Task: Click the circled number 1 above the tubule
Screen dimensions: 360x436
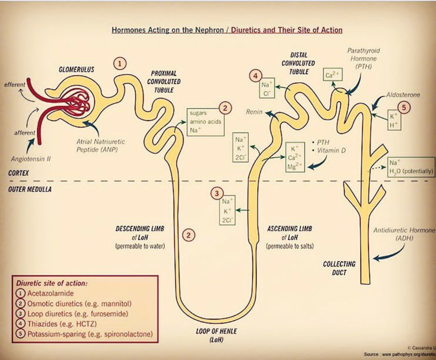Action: coord(120,63)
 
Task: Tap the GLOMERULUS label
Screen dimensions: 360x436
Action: coord(76,70)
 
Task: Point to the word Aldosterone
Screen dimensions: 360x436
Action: coord(403,95)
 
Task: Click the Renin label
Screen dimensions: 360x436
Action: coord(254,112)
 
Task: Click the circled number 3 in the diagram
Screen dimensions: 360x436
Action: coord(217,194)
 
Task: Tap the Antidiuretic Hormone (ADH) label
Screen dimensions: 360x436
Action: coord(404,234)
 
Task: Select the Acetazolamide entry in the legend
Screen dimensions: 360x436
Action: coord(50,293)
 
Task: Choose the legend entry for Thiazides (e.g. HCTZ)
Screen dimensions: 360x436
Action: coord(62,324)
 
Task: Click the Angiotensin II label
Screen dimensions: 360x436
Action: coord(31,159)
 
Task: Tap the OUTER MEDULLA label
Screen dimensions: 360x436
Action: coord(30,189)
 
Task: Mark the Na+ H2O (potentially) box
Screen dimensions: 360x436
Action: coord(411,167)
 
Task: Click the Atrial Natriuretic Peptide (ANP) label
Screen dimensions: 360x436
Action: coord(101,146)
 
